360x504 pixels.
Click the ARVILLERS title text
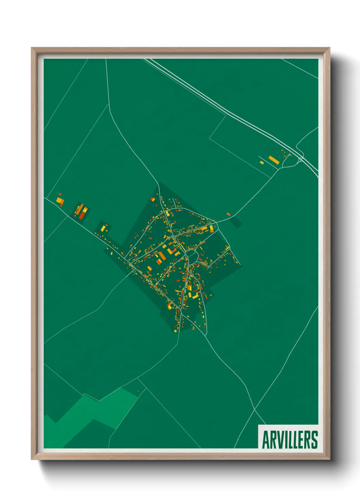click(290, 440)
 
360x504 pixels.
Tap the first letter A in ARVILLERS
click(266, 440)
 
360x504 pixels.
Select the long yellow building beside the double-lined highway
click(274, 160)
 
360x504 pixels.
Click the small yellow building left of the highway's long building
click(262, 162)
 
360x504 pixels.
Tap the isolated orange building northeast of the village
click(228, 214)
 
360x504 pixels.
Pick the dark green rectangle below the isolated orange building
click(235, 222)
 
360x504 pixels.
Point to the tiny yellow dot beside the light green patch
click(138, 391)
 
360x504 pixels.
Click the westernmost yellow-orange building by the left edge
click(60, 201)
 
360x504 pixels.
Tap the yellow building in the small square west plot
click(103, 227)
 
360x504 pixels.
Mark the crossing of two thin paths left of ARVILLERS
click(255, 409)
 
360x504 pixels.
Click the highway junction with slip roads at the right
click(299, 157)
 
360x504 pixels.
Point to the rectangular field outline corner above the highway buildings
click(225, 116)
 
